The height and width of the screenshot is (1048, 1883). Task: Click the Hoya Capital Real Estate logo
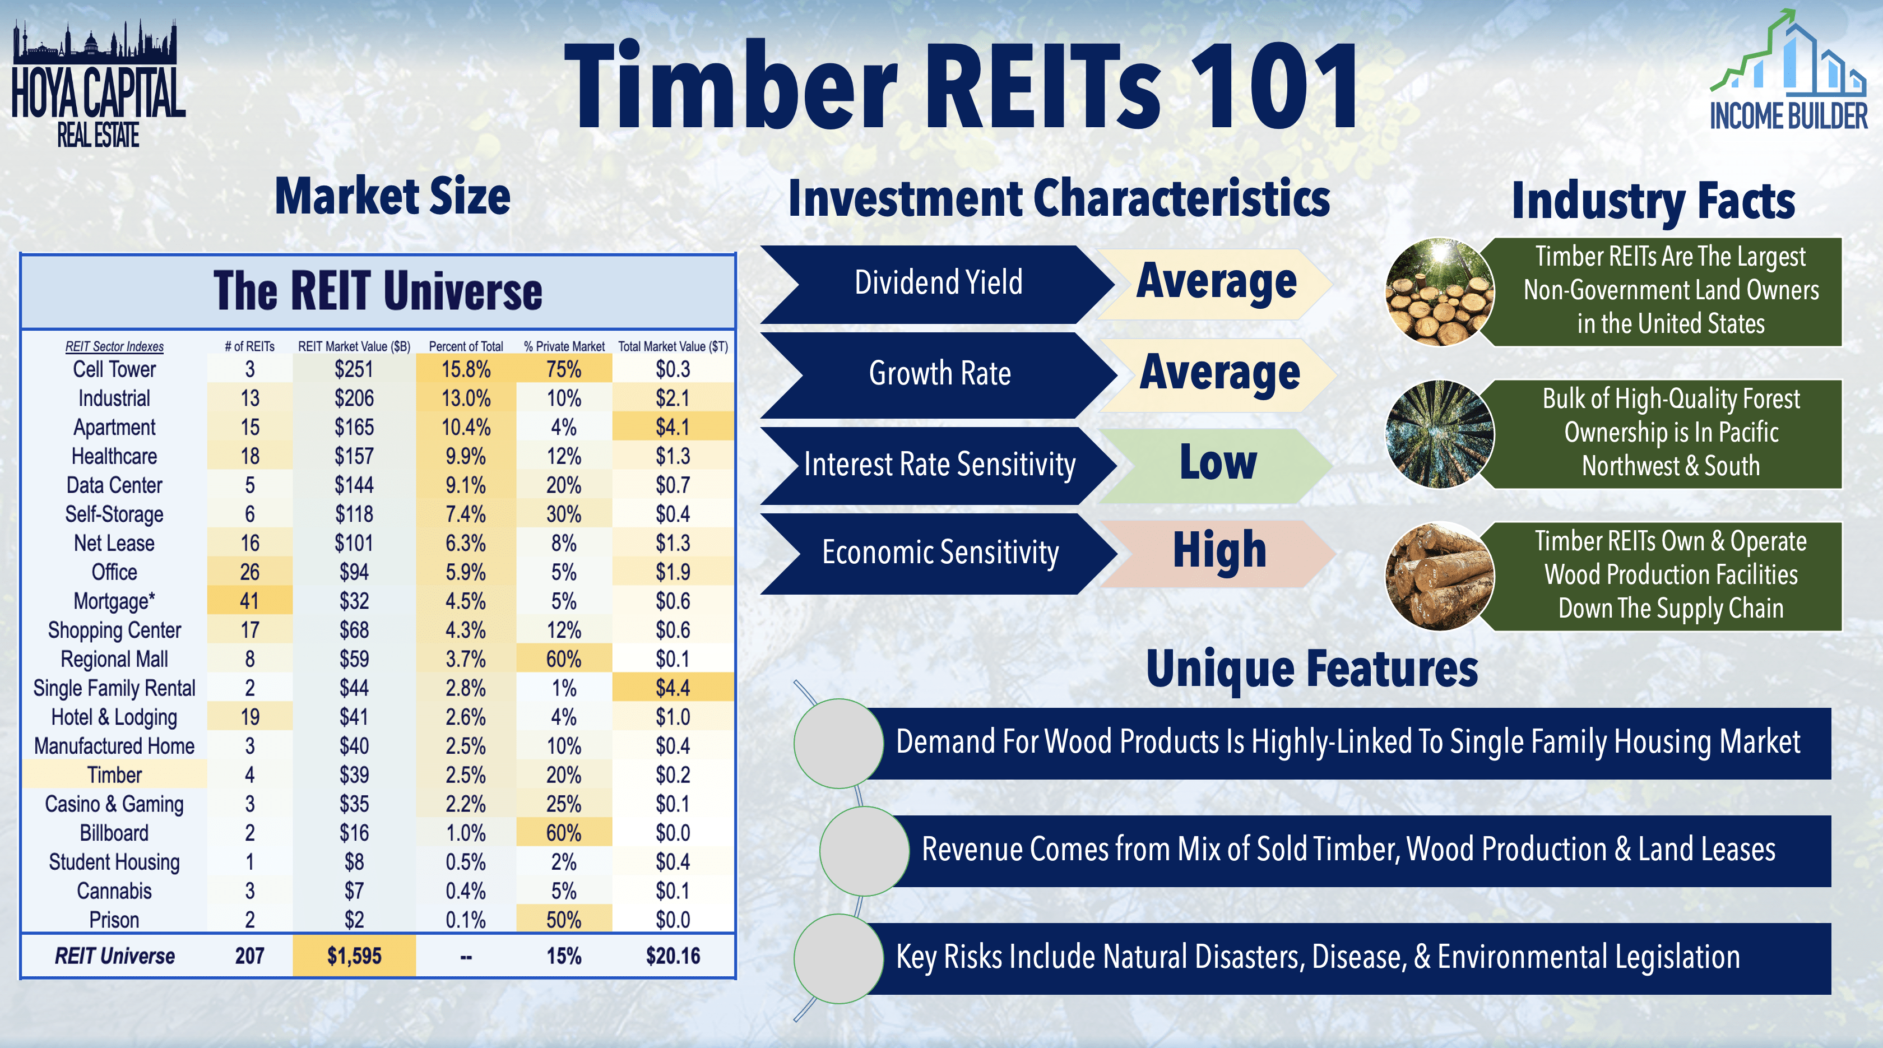98,84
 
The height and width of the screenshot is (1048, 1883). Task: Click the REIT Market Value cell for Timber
354,775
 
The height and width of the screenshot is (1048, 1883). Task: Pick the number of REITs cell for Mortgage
249,601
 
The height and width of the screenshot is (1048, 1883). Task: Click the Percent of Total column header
466,346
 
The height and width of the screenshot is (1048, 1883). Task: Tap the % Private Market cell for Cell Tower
564,369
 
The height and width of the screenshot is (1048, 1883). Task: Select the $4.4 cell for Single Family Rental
672,688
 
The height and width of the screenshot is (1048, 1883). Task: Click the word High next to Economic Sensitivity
1218,550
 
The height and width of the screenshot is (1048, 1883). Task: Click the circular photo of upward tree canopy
1439,434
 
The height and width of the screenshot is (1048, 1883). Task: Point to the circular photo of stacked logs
1439,576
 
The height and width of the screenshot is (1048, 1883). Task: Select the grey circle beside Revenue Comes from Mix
864,851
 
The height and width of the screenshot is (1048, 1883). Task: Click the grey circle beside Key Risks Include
838,958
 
